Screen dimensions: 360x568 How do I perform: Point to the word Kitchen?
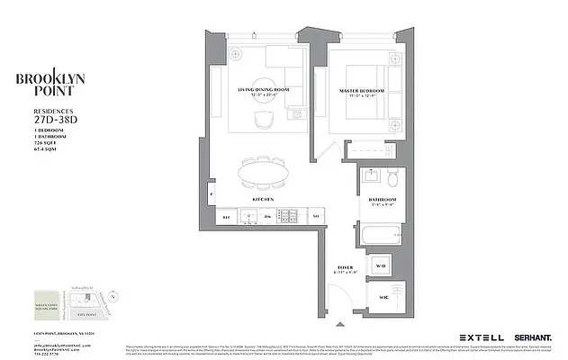pos(263,198)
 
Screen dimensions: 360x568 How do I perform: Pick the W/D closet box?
pos(382,265)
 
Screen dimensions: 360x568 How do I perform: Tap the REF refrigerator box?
pos(227,217)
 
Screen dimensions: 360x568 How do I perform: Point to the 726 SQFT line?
pos(32,142)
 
